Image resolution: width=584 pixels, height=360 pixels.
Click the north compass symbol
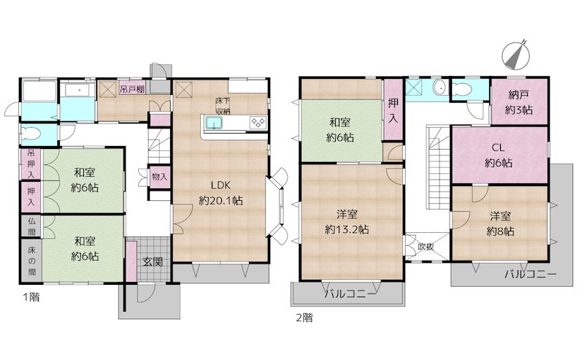click(516, 55)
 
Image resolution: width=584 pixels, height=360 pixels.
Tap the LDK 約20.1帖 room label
click(221, 193)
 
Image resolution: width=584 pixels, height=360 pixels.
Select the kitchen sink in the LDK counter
click(214, 123)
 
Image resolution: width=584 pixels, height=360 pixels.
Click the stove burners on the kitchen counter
click(258, 122)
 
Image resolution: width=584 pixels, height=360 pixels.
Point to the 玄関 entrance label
click(153, 261)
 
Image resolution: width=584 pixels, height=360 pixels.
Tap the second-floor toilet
click(462, 89)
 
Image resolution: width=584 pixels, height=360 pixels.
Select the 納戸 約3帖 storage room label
click(519, 102)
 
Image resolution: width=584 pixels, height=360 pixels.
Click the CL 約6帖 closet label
click(499, 155)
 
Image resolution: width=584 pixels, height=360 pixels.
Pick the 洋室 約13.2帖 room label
click(347, 222)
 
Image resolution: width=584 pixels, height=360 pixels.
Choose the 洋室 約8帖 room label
click(500, 223)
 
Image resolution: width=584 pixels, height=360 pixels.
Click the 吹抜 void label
click(426, 247)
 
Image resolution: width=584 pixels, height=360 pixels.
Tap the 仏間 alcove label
click(32, 226)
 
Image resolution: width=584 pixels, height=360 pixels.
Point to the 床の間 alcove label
click(32, 261)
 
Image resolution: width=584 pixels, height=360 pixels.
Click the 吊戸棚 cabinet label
click(132, 89)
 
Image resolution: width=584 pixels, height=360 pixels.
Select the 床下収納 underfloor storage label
click(223, 106)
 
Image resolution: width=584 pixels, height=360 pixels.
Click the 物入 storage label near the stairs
click(159, 177)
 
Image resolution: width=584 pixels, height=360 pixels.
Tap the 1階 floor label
click(31, 297)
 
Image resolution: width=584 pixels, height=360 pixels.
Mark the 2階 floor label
click(304, 318)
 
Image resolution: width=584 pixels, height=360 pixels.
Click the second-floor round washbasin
click(440, 88)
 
